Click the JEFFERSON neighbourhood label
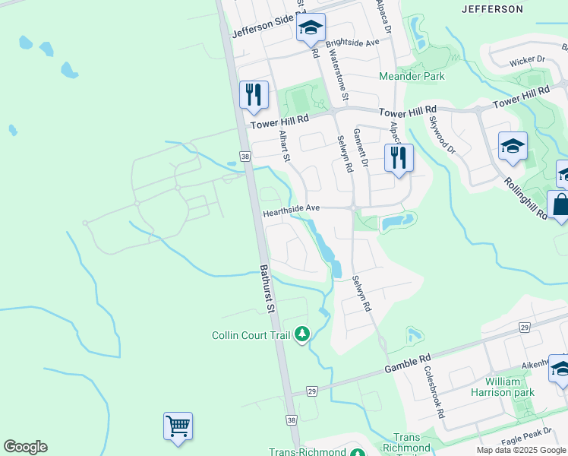[x=492, y=9]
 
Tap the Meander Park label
[x=412, y=76]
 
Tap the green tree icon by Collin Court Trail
[x=302, y=334]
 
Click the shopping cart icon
[x=178, y=426]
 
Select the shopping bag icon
[x=560, y=205]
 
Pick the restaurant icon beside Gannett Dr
[x=399, y=158]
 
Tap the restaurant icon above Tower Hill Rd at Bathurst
[x=254, y=95]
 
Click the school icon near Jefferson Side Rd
[x=310, y=29]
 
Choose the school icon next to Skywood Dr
[x=513, y=146]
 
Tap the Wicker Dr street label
[x=528, y=59]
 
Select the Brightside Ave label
[x=352, y=43]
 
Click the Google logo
[x=25, y=446]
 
